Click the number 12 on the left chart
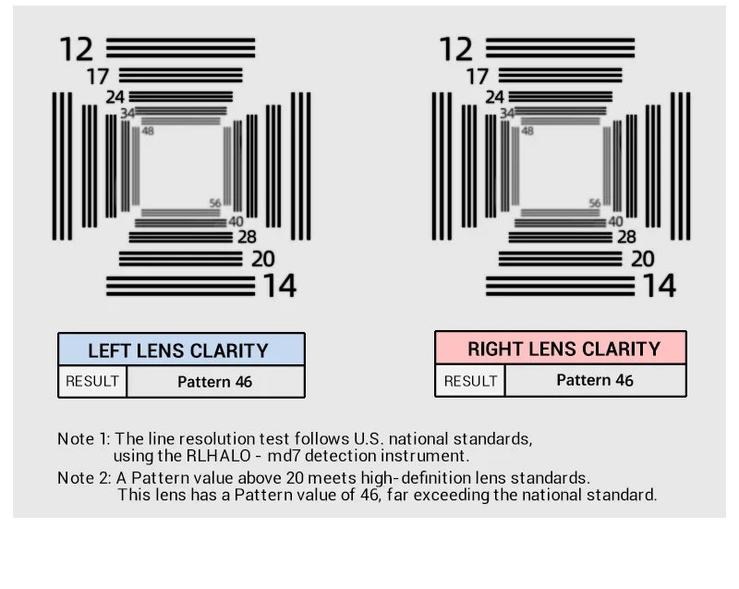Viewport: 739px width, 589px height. click(76, 49)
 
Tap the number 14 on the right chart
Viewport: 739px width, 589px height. click(660, 286)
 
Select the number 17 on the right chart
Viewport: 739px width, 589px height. click(478, 77)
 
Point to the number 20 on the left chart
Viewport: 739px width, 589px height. click(263, 259)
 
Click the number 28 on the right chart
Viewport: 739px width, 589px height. click(627, 237)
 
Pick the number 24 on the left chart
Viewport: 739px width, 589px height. click(115, 97)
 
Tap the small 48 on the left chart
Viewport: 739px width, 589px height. click(148, 131)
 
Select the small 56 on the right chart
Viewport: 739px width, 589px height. click(595, 202)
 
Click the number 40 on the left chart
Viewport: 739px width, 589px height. click(236, 221)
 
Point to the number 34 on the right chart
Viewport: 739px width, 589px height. click(507, 113)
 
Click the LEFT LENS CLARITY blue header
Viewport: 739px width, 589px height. click(181, 350)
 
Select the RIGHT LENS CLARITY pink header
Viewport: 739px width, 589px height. click(561, 348)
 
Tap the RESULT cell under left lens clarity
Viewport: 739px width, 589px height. click(92, 381)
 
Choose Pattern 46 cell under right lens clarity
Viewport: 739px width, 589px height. click(595, 380)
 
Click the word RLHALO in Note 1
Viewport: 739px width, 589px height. click(219, 456)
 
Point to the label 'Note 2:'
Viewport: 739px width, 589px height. click(84, 478)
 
